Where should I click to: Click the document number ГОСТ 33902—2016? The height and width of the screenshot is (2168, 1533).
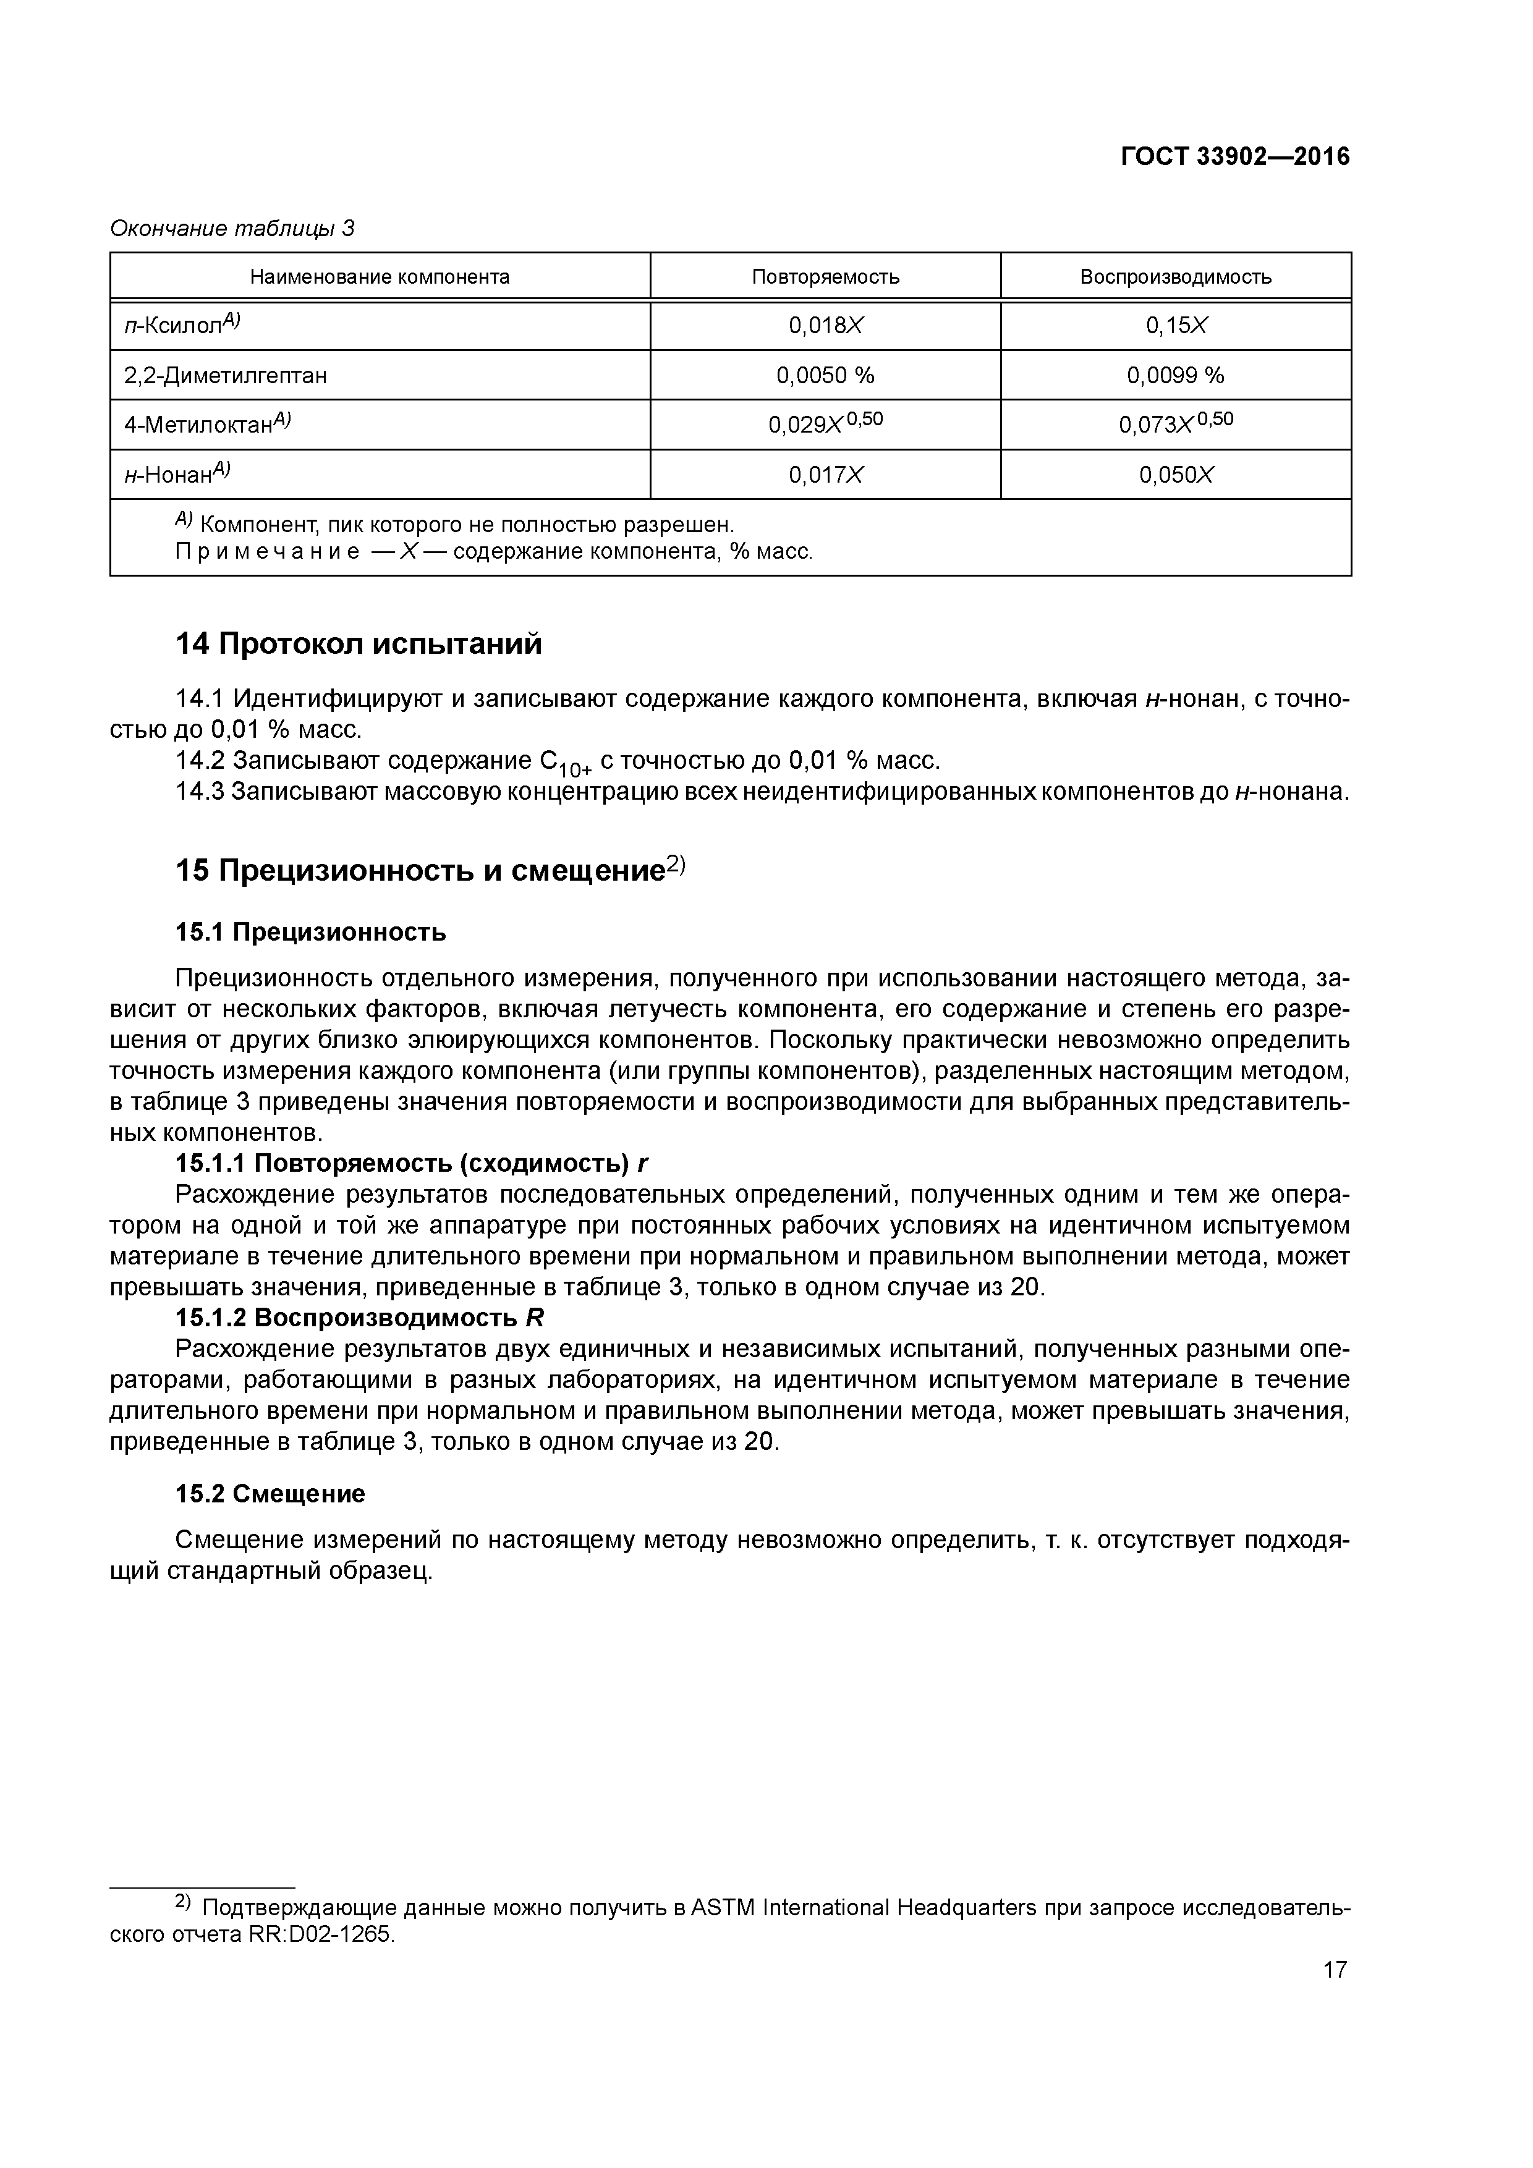coord(1234,157)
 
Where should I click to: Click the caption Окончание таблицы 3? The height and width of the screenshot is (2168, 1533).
coord(232,229)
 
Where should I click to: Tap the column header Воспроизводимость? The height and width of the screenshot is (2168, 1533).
coord(1175,277)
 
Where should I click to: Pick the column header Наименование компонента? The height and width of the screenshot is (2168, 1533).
coord(380,277)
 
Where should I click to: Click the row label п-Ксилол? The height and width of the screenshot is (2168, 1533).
coord(181,326)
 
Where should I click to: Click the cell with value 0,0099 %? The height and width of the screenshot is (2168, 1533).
coord(1175,376)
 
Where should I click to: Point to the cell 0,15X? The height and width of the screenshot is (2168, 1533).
coord(1176,326)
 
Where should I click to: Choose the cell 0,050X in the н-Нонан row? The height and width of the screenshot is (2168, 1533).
coord(1176,475)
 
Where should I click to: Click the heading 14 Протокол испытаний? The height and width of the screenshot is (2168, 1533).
coord(359,644)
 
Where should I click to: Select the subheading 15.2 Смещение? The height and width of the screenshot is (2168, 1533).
coord(270,1494)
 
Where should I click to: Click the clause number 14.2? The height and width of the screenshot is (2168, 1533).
coord(199,760)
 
